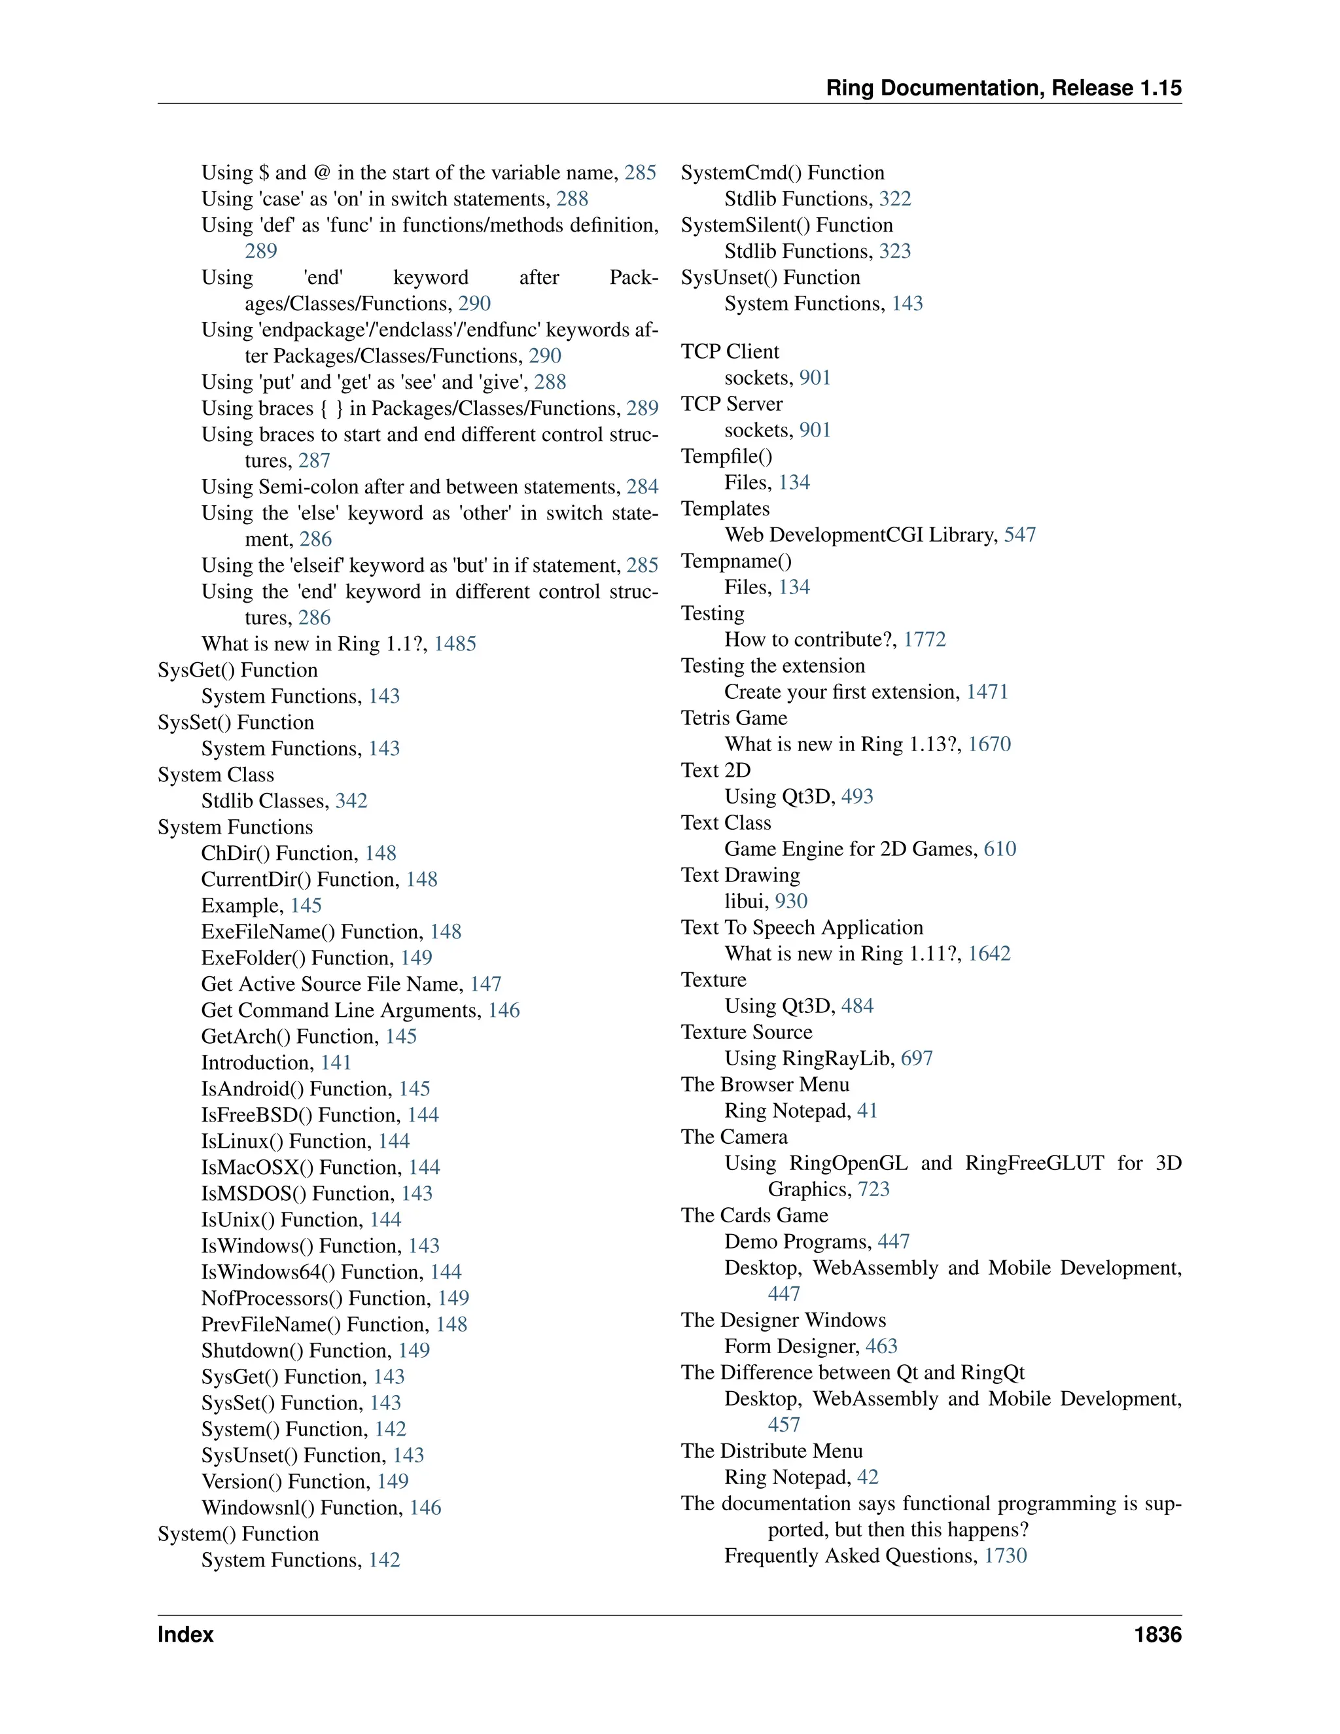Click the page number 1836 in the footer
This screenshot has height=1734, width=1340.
pyautogui.click(x=1157, y=1635)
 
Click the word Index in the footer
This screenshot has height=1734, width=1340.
pyautogui.click(x=186, y=1635)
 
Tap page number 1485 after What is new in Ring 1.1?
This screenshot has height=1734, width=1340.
pyautogui.click(x=455, y=644)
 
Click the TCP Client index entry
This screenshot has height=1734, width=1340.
pyautogui.click(x=730, y=352)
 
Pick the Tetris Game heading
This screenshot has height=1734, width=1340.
pyautogui.click(x=733, y=718)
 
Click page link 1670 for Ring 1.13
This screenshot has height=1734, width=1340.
pyautogui.click(x=989, y=744)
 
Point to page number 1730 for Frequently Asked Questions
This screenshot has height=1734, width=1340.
pyautogui.click(x=1005, y=1555)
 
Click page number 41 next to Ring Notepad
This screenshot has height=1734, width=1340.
pyautogui.click(x=867, y=1111)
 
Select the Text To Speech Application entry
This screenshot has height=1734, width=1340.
pyautogui.click(x=802, y=927)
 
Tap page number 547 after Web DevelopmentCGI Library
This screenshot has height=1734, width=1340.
pyautogui.click(x=1019, y=535)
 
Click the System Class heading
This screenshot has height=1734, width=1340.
pyautogui.click(x=215, y=775)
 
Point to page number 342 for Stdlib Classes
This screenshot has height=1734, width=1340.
pyautogui.click(x=351, y=800)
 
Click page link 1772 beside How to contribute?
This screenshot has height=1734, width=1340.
pyautogui.click(x=924, y=640)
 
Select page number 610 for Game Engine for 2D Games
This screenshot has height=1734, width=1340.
pyautogui.click(x=1000, y=849)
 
